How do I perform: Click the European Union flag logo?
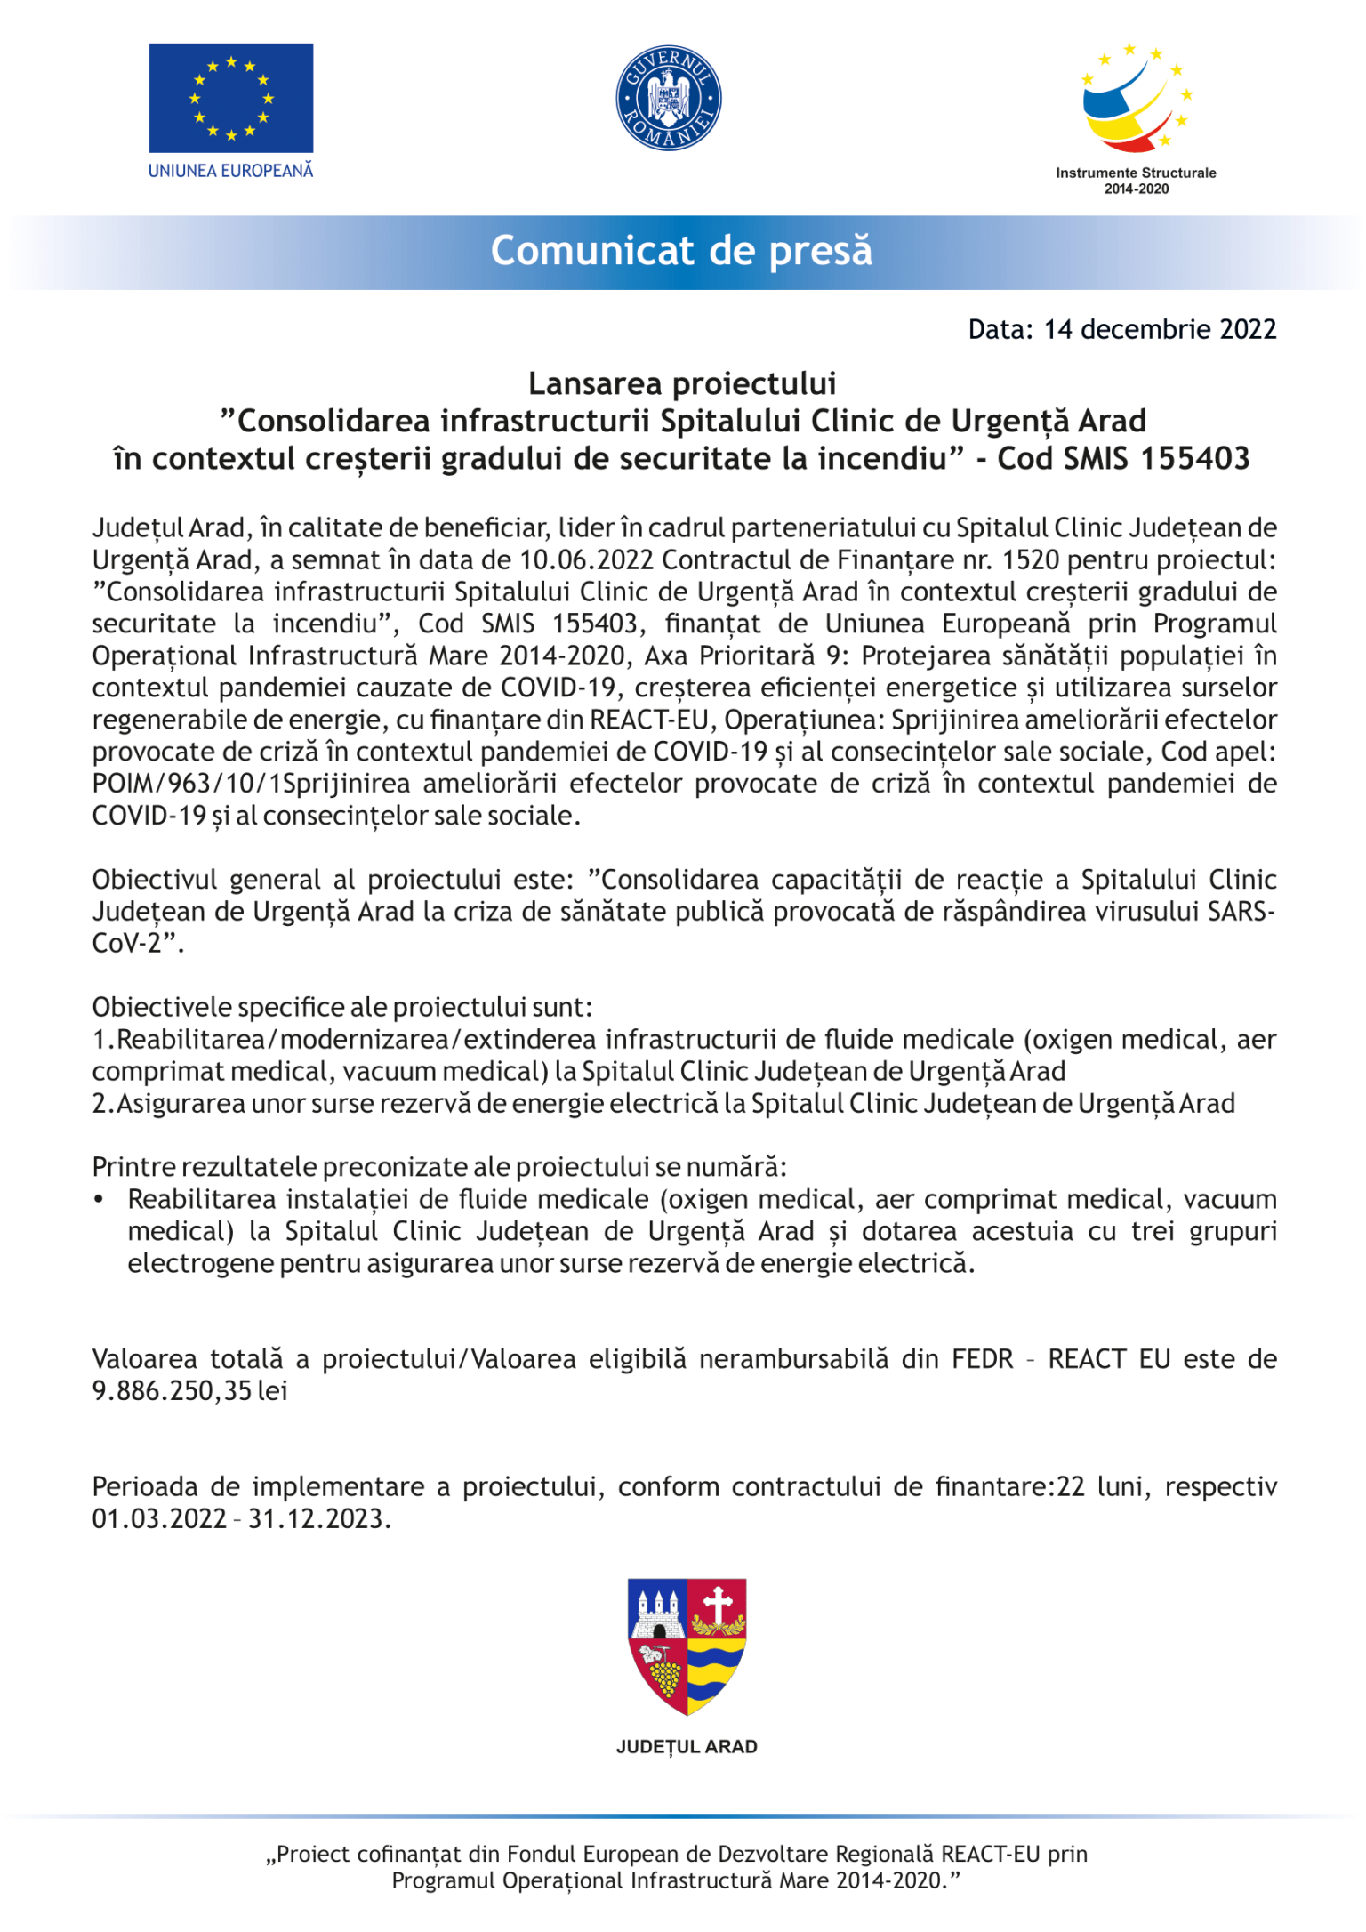point(230,98)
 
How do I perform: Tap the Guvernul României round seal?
point(668,98)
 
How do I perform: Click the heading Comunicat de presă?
point(681,251)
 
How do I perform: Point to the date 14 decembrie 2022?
point(1160,329)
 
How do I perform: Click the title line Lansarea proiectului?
point(682,383)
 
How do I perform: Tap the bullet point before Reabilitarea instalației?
point(100,1200)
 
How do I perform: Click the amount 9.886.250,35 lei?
point(189,1390)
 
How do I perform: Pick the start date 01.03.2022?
point(159,1518)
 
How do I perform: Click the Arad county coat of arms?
point(687,1646)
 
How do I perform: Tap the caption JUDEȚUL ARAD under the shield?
point(687,1747)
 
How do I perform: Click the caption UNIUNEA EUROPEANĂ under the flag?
point(230,171)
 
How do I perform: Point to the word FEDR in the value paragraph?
point(982,1359)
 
